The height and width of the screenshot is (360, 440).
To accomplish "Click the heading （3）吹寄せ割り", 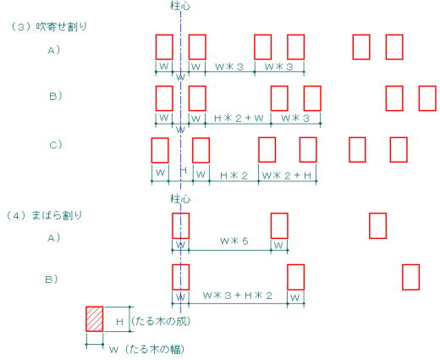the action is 49,27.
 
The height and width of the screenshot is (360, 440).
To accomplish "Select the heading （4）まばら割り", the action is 44,216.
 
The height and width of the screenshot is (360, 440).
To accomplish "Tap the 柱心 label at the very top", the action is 180,6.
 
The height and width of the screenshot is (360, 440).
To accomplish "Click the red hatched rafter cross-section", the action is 95,318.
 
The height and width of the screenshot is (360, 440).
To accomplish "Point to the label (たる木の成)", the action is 161,321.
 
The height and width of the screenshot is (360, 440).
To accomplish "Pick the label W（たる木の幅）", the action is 147,350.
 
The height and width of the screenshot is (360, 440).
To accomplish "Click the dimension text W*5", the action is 234,241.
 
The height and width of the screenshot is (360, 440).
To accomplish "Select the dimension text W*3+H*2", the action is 238,296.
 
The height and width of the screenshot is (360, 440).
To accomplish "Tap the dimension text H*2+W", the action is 239,119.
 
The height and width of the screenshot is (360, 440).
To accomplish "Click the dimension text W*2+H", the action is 287,175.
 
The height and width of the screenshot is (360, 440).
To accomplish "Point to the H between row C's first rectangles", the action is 184,170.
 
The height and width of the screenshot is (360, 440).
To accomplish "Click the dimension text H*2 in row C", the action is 234,175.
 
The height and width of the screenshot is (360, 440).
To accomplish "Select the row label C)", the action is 56,145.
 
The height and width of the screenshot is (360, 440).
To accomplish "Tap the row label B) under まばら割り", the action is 52,280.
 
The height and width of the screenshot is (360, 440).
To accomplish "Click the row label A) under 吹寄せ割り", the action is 53,50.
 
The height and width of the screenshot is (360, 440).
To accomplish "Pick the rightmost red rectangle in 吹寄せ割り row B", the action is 427,98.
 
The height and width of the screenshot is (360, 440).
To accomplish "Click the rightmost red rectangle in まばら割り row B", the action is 410,277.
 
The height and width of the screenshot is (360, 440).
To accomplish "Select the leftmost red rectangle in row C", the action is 160,150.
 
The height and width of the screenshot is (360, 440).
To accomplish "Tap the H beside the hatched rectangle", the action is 119,322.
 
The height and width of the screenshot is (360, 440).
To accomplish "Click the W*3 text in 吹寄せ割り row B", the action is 295,119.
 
